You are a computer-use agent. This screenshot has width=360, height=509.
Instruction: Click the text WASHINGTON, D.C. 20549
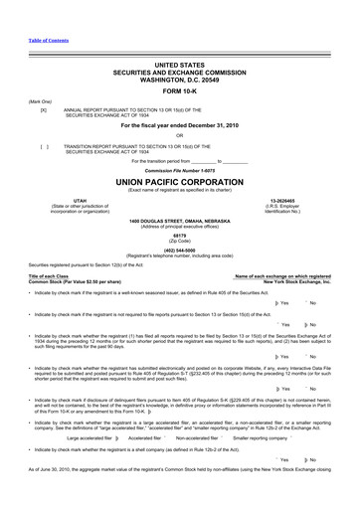tap(179, 77)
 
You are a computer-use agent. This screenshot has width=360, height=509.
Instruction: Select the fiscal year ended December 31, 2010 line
tap(179, 126)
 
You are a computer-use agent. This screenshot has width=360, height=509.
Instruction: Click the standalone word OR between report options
tap(179, 135)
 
